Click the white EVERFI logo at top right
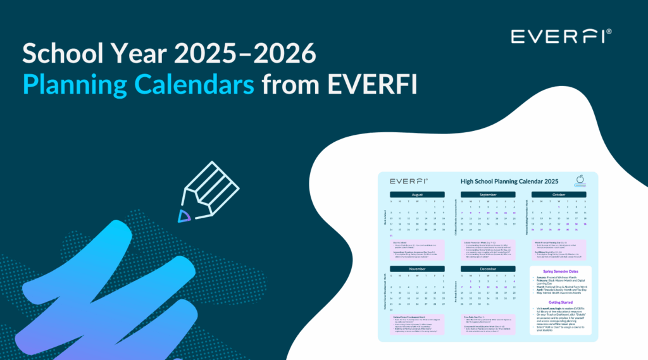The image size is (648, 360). pyautogui.click(x=560, y=36)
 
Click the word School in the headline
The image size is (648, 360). pyautogui.click(x=59, y=56)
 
